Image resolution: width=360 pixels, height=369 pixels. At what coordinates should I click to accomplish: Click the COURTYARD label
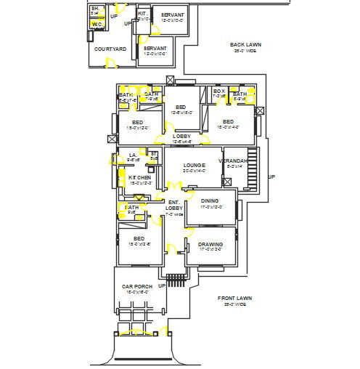tap(110, 49)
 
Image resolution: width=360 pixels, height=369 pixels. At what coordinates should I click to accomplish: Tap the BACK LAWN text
tap(245, 44)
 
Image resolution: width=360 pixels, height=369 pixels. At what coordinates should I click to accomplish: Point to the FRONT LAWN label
tap(234, 298)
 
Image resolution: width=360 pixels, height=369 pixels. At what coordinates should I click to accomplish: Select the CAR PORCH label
tap(136, 286)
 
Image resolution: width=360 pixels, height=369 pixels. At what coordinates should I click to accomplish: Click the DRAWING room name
tap(210, 244)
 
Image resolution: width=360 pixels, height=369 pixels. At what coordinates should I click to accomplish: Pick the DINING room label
tap(210, 200)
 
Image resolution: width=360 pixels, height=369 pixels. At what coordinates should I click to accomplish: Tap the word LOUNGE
tap(194, 165)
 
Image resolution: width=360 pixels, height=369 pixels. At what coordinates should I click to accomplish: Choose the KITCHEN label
tap(139, 177)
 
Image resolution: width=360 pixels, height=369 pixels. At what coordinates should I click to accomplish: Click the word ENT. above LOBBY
tap(173, 202)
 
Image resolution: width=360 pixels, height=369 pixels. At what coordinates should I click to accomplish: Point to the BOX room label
tap(218, 91)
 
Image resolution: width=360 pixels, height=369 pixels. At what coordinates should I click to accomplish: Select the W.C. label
tap(97, 25)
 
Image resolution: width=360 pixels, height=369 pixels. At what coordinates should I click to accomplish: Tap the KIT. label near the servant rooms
tap(142, 13)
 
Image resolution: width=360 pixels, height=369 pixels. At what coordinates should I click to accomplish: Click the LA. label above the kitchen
tap(133, 154)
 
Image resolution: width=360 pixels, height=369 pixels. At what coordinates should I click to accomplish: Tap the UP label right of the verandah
tap(271, 177)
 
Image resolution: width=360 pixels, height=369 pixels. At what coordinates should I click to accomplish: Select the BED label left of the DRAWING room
tap(139, 238)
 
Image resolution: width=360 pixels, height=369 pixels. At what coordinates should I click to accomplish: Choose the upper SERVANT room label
tap(172, 15)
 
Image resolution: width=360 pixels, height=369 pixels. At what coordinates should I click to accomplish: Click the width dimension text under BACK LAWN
tap(245, 51)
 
